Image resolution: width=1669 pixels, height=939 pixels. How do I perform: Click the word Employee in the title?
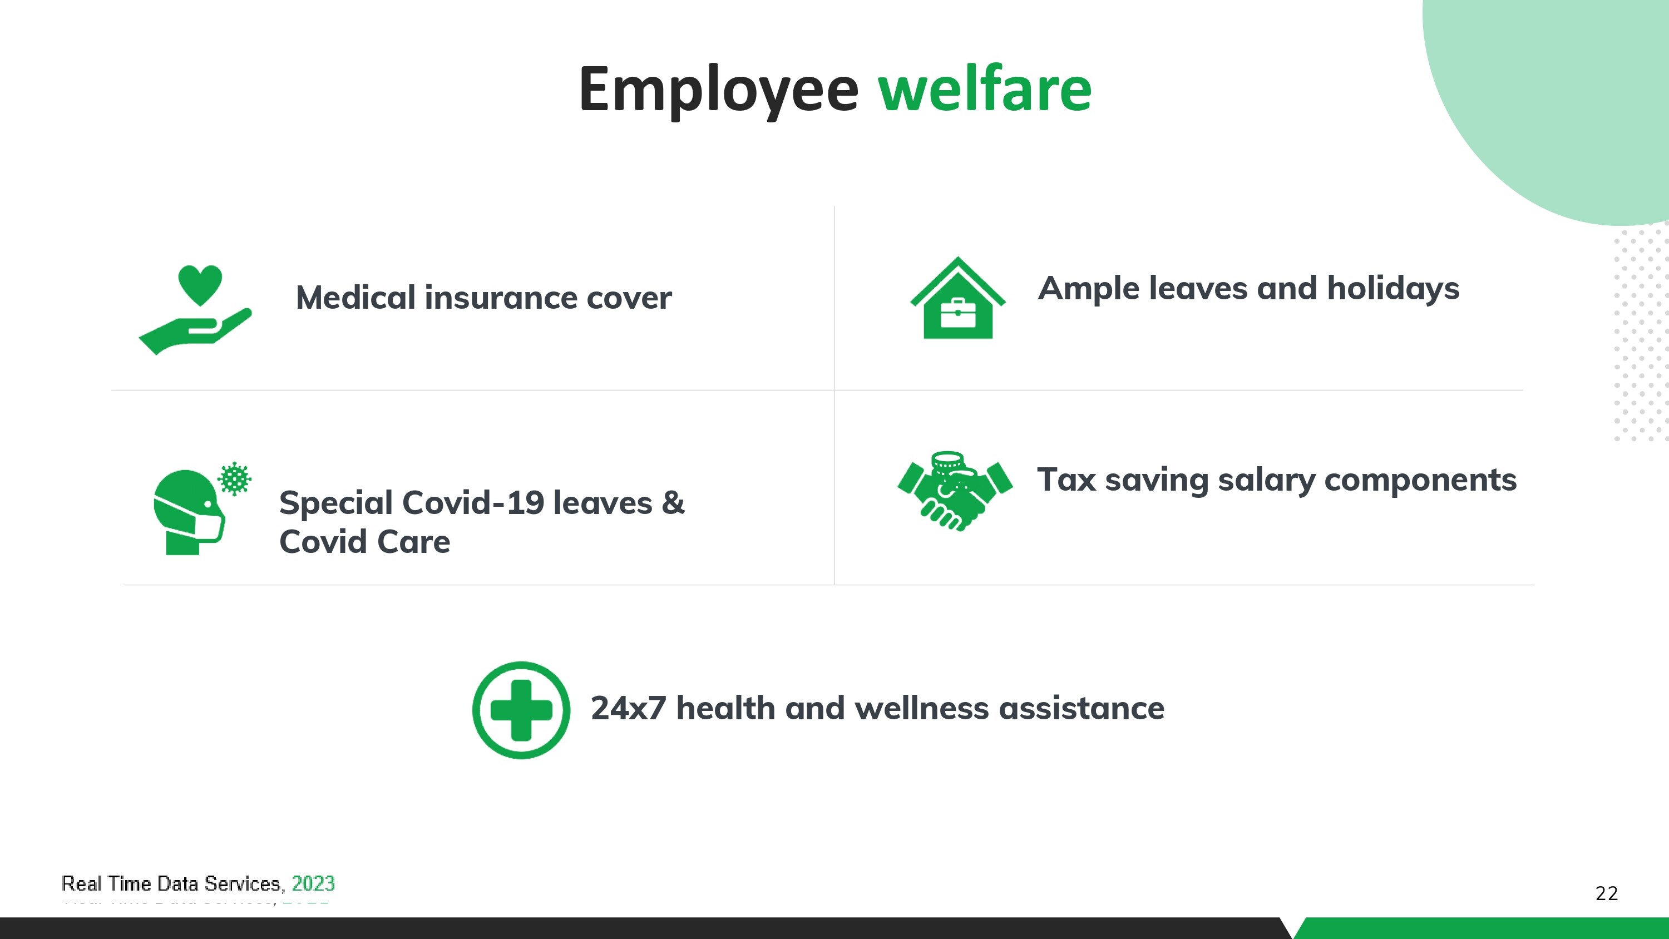(x=719, y=90)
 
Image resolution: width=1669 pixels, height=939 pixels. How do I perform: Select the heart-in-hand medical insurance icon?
(x=195, y=310)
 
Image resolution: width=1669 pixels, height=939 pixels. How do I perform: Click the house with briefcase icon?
(x=957, y=298)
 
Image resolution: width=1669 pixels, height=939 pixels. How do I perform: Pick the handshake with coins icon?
(x=955, y=491)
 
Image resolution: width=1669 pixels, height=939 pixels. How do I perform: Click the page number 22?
(x=1606, y=893)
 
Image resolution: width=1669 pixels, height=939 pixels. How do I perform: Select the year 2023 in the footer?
(x=313, y=883)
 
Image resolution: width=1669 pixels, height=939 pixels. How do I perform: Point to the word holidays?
(x=1393, y=289)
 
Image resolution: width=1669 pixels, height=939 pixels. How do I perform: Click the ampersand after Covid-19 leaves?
(x=673, y=503)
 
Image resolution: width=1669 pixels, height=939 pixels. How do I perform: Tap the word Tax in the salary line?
(x=1066, y=480)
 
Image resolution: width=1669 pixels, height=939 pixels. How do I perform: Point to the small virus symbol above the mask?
(x=235, y=478)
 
